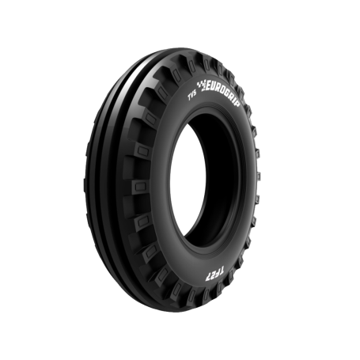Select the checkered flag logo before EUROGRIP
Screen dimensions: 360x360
click(x=202, y=86)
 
